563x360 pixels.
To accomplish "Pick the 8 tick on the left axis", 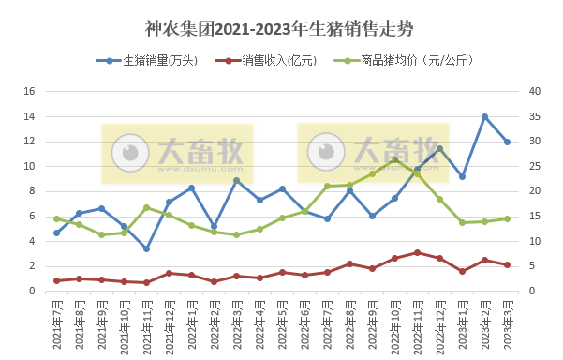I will pos(31,191).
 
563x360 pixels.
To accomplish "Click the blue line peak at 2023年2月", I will pos(484,117).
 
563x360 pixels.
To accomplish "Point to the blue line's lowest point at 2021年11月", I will pos(146,248).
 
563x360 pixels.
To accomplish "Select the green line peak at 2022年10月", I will pos(394,159).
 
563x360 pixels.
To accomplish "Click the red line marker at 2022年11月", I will pos(417,253).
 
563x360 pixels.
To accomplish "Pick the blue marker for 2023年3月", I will pos(507,142).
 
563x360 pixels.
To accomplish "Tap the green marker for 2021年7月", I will pos(56,218).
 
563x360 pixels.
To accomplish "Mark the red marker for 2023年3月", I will pos(507,264).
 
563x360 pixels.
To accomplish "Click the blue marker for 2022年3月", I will pos(236,180).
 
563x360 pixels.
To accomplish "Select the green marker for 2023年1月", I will pos(462,222).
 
